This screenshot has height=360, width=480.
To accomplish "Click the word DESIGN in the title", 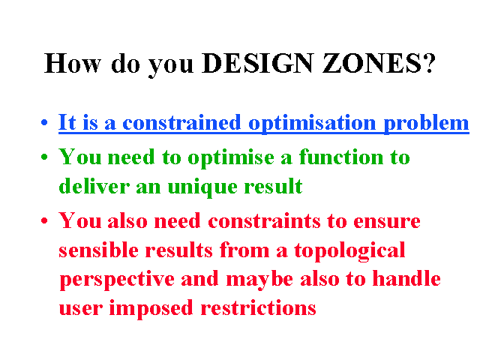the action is coord(258,63).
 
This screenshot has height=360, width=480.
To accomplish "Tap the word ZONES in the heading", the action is coord(372,63).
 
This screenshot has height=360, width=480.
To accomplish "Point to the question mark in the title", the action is coord(429,63).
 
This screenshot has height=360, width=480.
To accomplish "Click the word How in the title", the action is coord(73,63).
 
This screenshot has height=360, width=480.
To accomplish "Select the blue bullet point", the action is coord(44,123).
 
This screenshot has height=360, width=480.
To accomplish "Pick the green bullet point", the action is coord(44,157).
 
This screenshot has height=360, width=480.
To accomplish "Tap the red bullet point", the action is coord(44,220).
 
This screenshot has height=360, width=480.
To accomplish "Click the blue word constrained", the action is coord(181,122).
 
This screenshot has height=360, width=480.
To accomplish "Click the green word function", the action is coord(341,157).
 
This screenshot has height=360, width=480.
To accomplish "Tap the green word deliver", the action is coord(94,186).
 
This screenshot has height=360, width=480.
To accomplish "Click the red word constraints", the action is coord(264,220).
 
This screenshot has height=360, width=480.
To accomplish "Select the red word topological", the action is coord(349,251).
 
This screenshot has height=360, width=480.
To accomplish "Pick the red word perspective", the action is coord(117,280).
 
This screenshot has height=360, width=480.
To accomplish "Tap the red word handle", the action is coord(406,278).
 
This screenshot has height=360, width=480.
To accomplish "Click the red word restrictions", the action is coord(258,307).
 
